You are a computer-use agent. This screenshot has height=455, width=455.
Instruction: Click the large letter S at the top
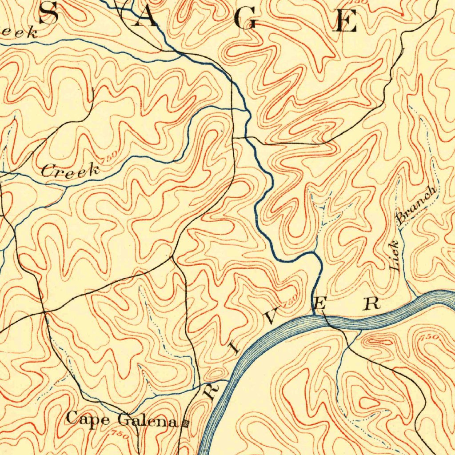pos(49,13)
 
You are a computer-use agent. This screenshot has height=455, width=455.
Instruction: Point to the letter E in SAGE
pos(346,20)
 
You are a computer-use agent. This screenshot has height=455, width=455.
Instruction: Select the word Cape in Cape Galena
pos(89,419)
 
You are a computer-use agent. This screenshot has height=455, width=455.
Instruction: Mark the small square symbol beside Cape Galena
pos(185,423)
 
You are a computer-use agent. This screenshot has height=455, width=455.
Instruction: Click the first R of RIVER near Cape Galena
pos(211,391)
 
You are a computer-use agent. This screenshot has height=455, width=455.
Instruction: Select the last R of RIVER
pos(371,303)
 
